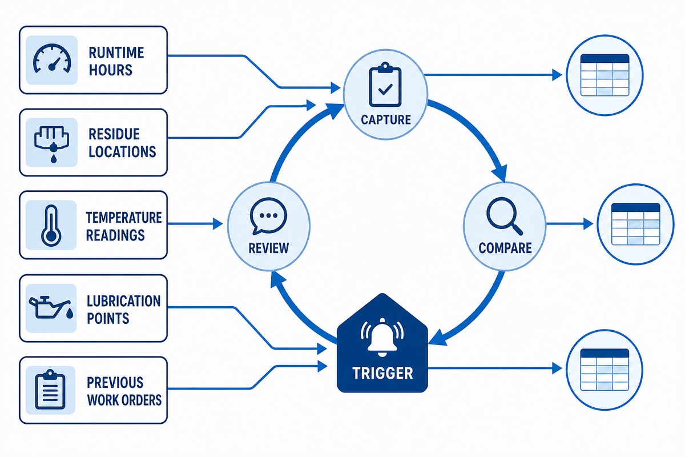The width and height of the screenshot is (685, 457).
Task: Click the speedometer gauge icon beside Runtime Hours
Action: tap(52, 59)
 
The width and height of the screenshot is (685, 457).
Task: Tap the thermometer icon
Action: tap(51, 226)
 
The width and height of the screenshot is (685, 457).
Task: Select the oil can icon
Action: tap(51, 308)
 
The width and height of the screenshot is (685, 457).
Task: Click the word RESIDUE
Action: tap(114, 134)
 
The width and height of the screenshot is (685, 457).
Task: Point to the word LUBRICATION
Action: tap(123, 301)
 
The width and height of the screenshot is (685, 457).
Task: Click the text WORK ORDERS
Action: tap(124, 400)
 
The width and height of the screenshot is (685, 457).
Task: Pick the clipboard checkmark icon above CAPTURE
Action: tap(385, 85)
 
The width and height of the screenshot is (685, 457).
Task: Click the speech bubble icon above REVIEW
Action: tap(268, 216)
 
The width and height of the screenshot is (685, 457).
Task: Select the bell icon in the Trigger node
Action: tap(382, 337)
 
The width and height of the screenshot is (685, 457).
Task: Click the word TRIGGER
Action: tap(382, 373)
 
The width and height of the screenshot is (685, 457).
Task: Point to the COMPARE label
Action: tap(505, 248)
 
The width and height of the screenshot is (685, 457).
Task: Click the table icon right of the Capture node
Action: tap(605, 75)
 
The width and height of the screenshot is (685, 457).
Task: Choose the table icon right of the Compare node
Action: tap(635, 224)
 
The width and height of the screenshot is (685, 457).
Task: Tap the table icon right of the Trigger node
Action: tap(605, 370)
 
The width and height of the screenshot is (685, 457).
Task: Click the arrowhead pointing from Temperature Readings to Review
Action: tap(217, 224)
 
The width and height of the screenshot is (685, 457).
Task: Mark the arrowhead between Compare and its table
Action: tap(588, 224)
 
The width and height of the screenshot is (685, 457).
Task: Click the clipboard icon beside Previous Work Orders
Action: tap(50, 390)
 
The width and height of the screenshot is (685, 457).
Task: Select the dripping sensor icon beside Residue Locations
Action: tap(52, 144)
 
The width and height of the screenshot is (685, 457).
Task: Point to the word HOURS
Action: tap(110, 70)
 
